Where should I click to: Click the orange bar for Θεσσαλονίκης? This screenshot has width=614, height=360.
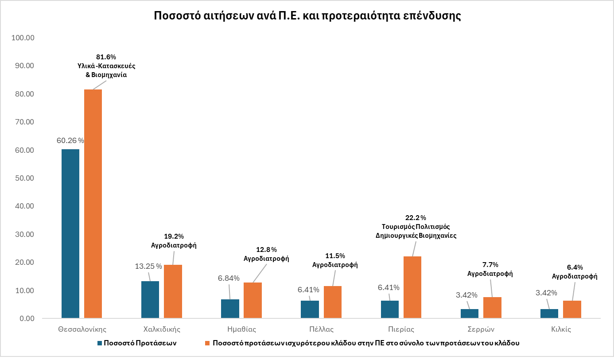[93, 204]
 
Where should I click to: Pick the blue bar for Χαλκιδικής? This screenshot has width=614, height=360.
[150, 299]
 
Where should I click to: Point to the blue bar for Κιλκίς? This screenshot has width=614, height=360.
[549, 314]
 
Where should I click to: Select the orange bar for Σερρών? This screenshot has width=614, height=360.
[492, 307]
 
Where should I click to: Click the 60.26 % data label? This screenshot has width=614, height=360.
[70, 140]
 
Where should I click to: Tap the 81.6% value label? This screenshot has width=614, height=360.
[106, 57]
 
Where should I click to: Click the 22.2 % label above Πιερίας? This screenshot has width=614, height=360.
[416, 217]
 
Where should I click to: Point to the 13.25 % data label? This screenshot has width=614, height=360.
[148, 266]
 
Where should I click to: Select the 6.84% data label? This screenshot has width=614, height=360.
[229, 278]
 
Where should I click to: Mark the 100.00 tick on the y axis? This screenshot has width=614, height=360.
[23, 38]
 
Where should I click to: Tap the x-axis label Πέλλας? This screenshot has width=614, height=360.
[322, 329]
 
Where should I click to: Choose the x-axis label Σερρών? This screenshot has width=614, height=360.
[481, 329]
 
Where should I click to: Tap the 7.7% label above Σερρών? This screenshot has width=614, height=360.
[490, 264]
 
